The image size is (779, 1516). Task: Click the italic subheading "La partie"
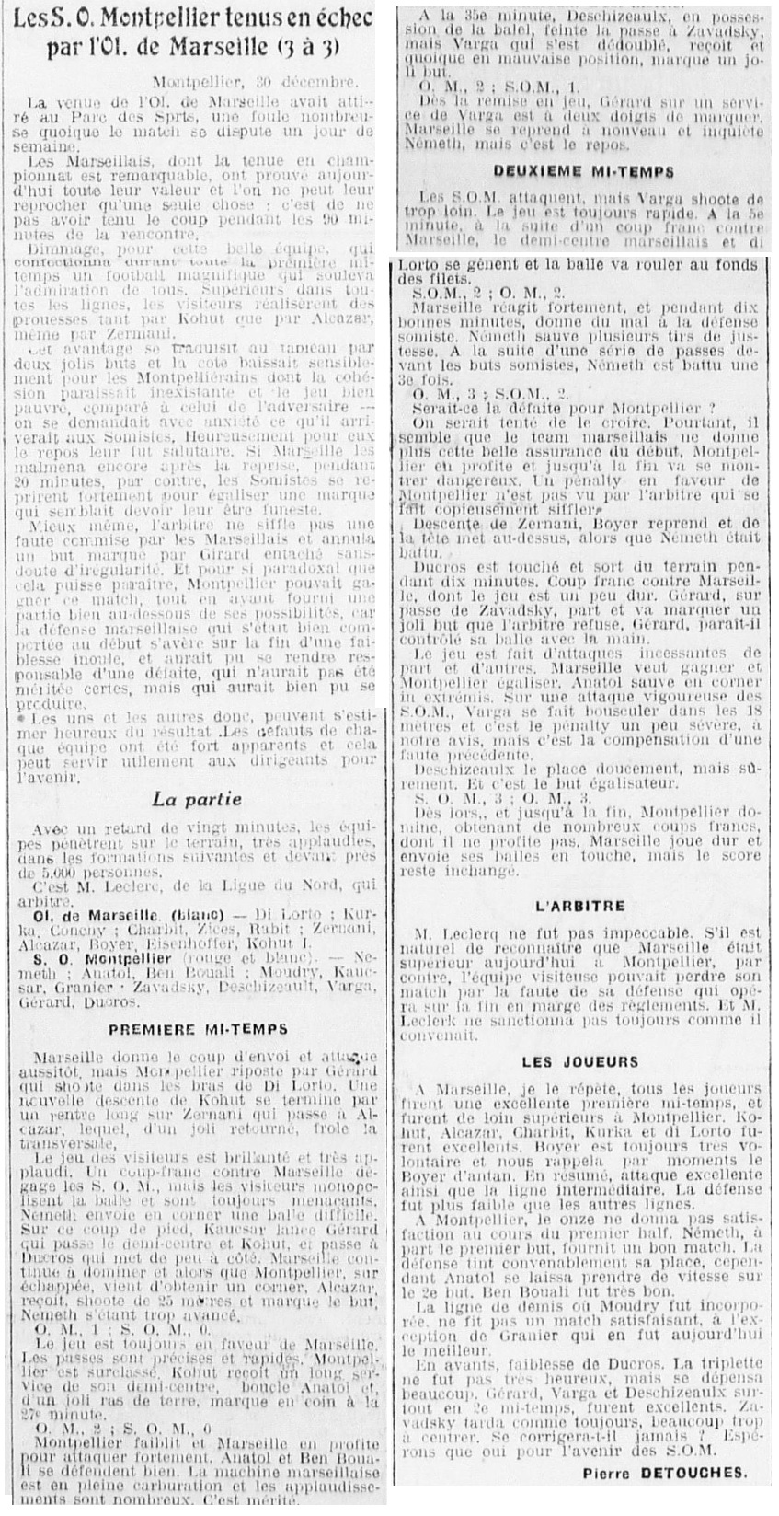pyautogui.click(x=198, y=799)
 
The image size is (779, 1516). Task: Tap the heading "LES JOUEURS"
pyautogui.click(x=579, y=1061)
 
